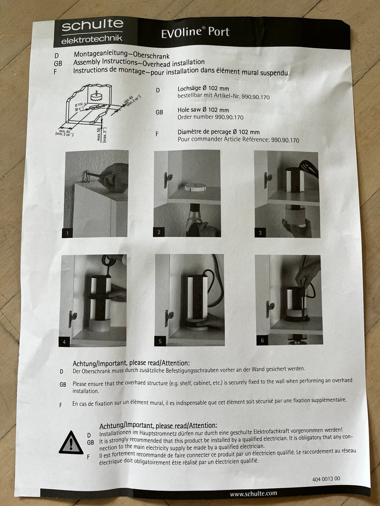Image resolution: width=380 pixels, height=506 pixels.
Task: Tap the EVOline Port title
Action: point(195,32)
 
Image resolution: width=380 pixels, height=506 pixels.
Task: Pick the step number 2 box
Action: point(159,232)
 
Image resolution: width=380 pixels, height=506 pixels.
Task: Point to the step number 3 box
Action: point(260,232)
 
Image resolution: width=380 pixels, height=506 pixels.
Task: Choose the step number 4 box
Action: point(64,342)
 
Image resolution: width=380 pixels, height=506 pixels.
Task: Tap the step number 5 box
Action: point(160,341)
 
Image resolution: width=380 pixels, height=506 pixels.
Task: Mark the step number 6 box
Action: point(262,340)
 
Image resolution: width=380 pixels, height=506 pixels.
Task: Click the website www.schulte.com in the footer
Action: point(253,493)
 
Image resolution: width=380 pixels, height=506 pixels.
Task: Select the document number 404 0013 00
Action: point(326,479)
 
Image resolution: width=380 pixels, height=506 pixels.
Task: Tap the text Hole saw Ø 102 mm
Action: point(203,110)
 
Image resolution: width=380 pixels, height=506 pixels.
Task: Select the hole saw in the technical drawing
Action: point(95,97)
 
